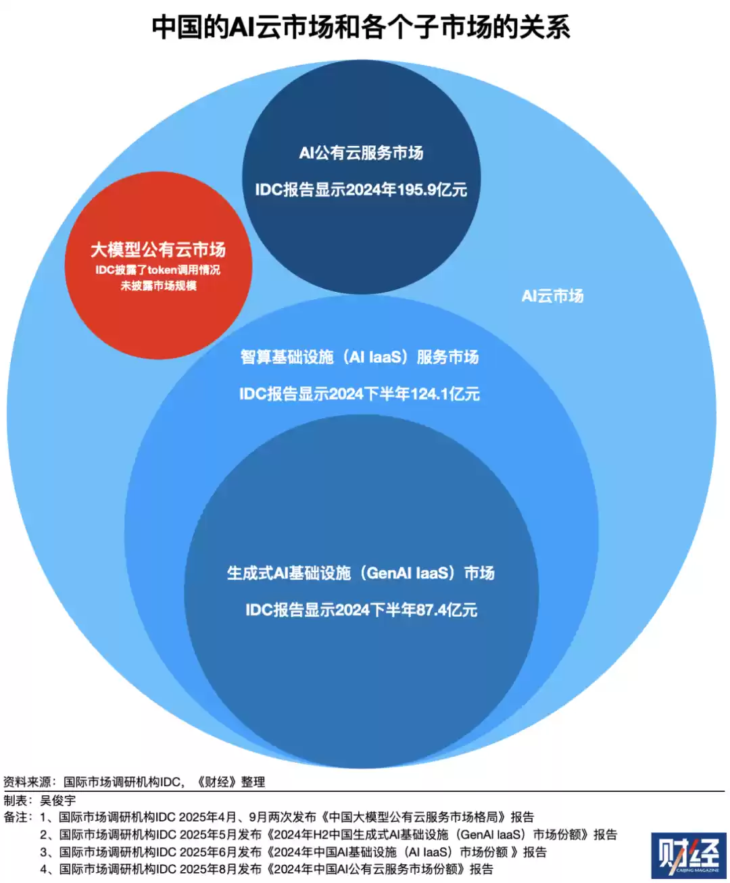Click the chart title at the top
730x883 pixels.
tap(361, 28)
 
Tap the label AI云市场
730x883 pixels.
tap(552, 296)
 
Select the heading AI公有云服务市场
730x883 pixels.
tap(361, 153)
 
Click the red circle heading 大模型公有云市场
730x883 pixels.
tap(158, 250)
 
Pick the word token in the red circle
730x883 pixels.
tap(162, 270)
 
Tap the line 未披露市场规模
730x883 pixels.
tap(158, 286)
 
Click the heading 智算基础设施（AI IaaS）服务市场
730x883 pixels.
tap(360, 357)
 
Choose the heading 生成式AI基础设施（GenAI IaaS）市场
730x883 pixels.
tap(360, 573)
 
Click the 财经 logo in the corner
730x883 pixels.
tap(688, 855)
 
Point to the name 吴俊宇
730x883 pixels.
tap(58, 800)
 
